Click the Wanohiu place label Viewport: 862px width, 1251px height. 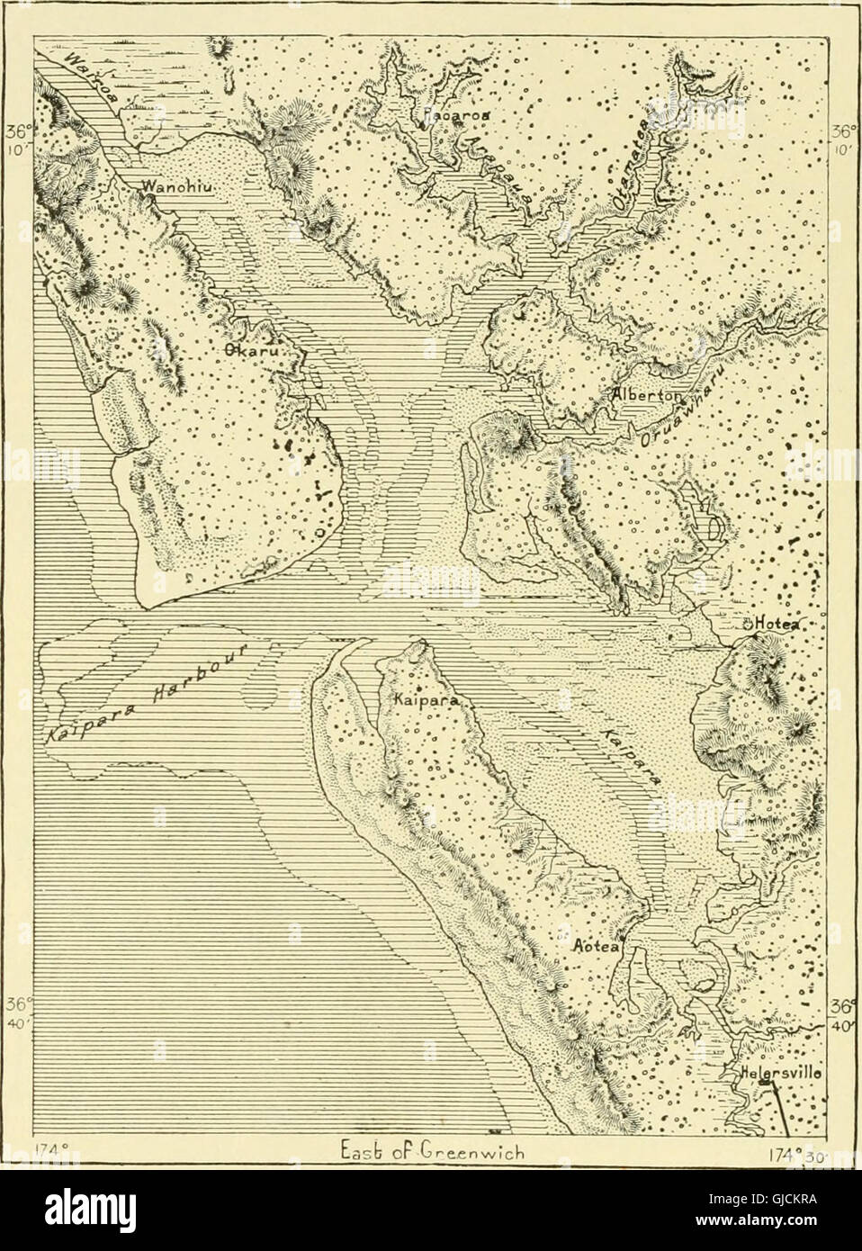point(176,189)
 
